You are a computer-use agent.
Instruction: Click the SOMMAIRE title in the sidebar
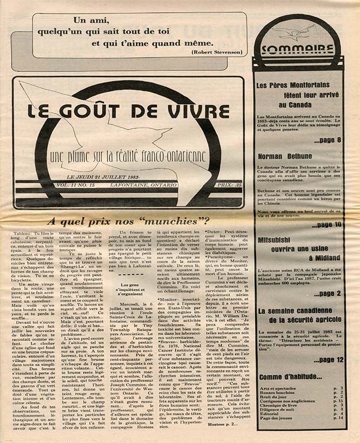pos(299,49)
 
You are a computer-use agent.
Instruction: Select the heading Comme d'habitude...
pos(289,378)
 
